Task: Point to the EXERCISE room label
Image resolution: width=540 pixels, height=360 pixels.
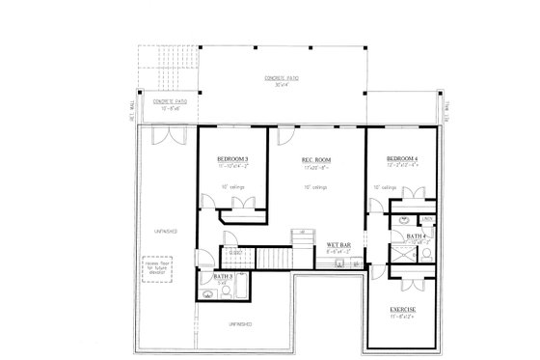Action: click(403, 309)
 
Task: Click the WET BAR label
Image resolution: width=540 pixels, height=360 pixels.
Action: click(337, 245)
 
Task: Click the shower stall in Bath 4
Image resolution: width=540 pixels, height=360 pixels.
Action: click(422, 255)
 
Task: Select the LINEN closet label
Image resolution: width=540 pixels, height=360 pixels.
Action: click(424, 219)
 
